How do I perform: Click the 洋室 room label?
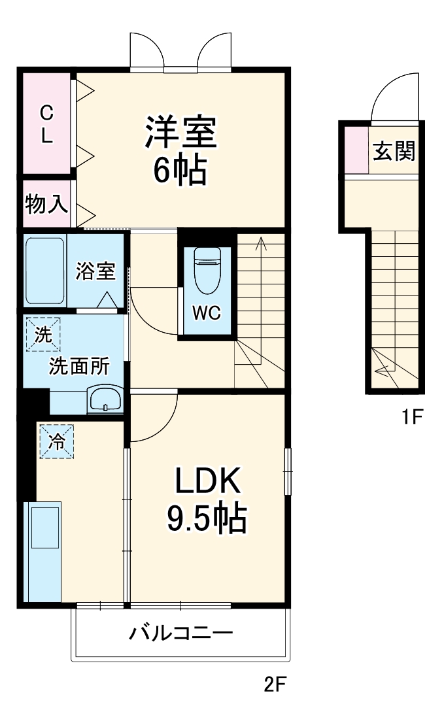180,133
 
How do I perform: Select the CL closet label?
46,125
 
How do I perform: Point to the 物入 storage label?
46,205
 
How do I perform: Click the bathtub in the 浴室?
45,271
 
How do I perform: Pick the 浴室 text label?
95,271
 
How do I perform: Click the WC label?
207,313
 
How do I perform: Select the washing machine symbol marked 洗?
43,335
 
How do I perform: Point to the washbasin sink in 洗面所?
105,398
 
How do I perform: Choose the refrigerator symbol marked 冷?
56,441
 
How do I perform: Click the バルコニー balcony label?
180,633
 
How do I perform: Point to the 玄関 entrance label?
394,152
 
